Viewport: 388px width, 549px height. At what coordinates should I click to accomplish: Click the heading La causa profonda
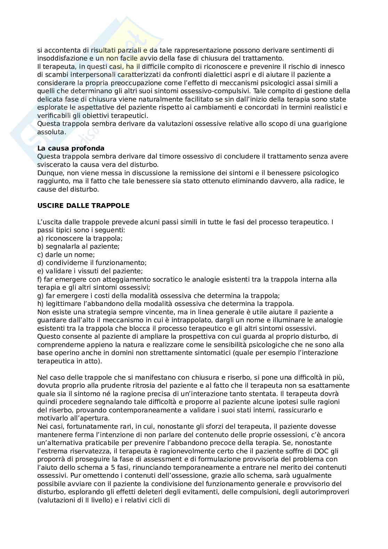[71, 148]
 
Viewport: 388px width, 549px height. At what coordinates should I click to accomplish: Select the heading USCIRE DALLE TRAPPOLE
[83, 205]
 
